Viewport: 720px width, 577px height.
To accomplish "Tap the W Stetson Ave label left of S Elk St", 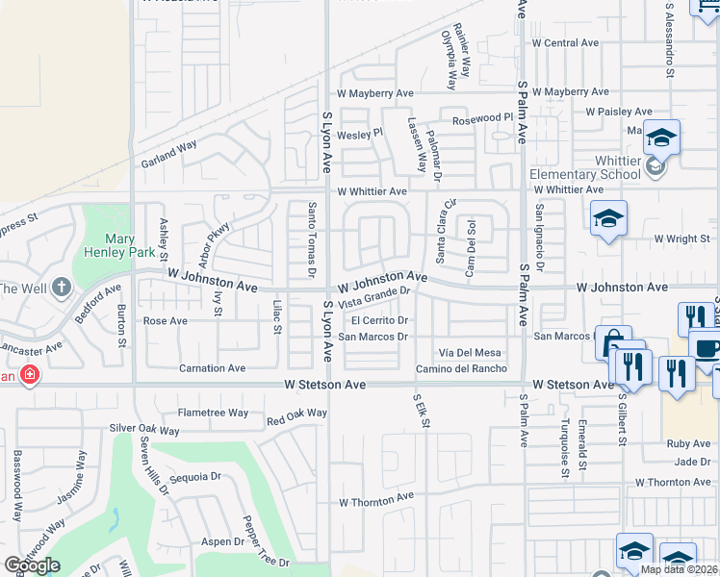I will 325,385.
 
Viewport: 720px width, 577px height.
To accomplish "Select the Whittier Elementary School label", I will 585,166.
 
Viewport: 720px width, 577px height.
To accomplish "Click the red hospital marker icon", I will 30,374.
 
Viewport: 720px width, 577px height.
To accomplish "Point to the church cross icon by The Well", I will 62,288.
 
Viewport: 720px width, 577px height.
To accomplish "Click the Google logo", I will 33,565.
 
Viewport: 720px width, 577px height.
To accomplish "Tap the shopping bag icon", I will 612,343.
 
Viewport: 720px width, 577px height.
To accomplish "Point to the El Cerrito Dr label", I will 381,320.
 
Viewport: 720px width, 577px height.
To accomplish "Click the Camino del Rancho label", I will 461,369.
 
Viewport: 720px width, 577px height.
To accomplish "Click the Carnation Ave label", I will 213,367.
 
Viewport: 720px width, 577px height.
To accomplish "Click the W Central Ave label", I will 565,43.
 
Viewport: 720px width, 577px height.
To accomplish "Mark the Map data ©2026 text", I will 680,569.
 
